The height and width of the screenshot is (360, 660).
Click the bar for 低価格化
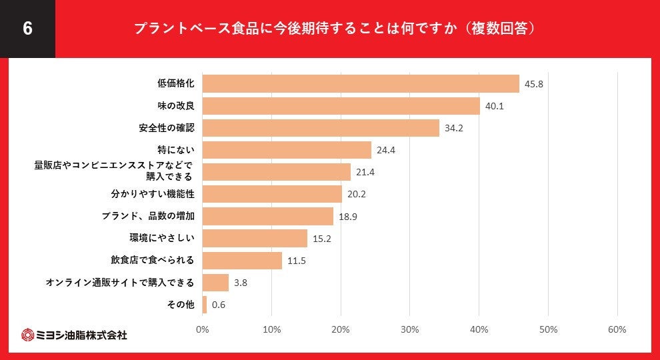point(360,84)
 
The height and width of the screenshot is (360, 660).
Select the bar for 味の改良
point(341,106)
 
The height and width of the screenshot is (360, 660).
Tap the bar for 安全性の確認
point(321,128)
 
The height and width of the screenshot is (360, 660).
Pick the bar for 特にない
point(287,150)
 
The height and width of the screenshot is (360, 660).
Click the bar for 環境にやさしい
point(255,238)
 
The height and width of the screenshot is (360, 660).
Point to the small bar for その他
point(205,305)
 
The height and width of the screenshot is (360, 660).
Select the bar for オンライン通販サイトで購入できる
point(215,283)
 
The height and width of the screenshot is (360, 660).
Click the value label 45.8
point(534,85)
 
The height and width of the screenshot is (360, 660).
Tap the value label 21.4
point(365,173)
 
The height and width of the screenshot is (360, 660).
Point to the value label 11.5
point(297,261)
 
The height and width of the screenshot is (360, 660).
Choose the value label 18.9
point(348,217)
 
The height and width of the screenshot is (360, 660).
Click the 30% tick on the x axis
point(410,329)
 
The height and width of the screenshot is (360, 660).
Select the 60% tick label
point(617,329)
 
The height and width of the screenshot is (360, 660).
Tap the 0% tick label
point(202,329)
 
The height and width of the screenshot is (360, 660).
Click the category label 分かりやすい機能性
point(152,195)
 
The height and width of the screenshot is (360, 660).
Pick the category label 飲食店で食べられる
point(152,260)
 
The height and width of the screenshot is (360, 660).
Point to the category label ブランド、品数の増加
point(148,217)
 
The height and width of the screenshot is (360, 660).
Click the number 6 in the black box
point(27,29)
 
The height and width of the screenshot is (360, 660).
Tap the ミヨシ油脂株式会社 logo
point(74,335)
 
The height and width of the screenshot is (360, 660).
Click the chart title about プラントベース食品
point(335,29)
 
